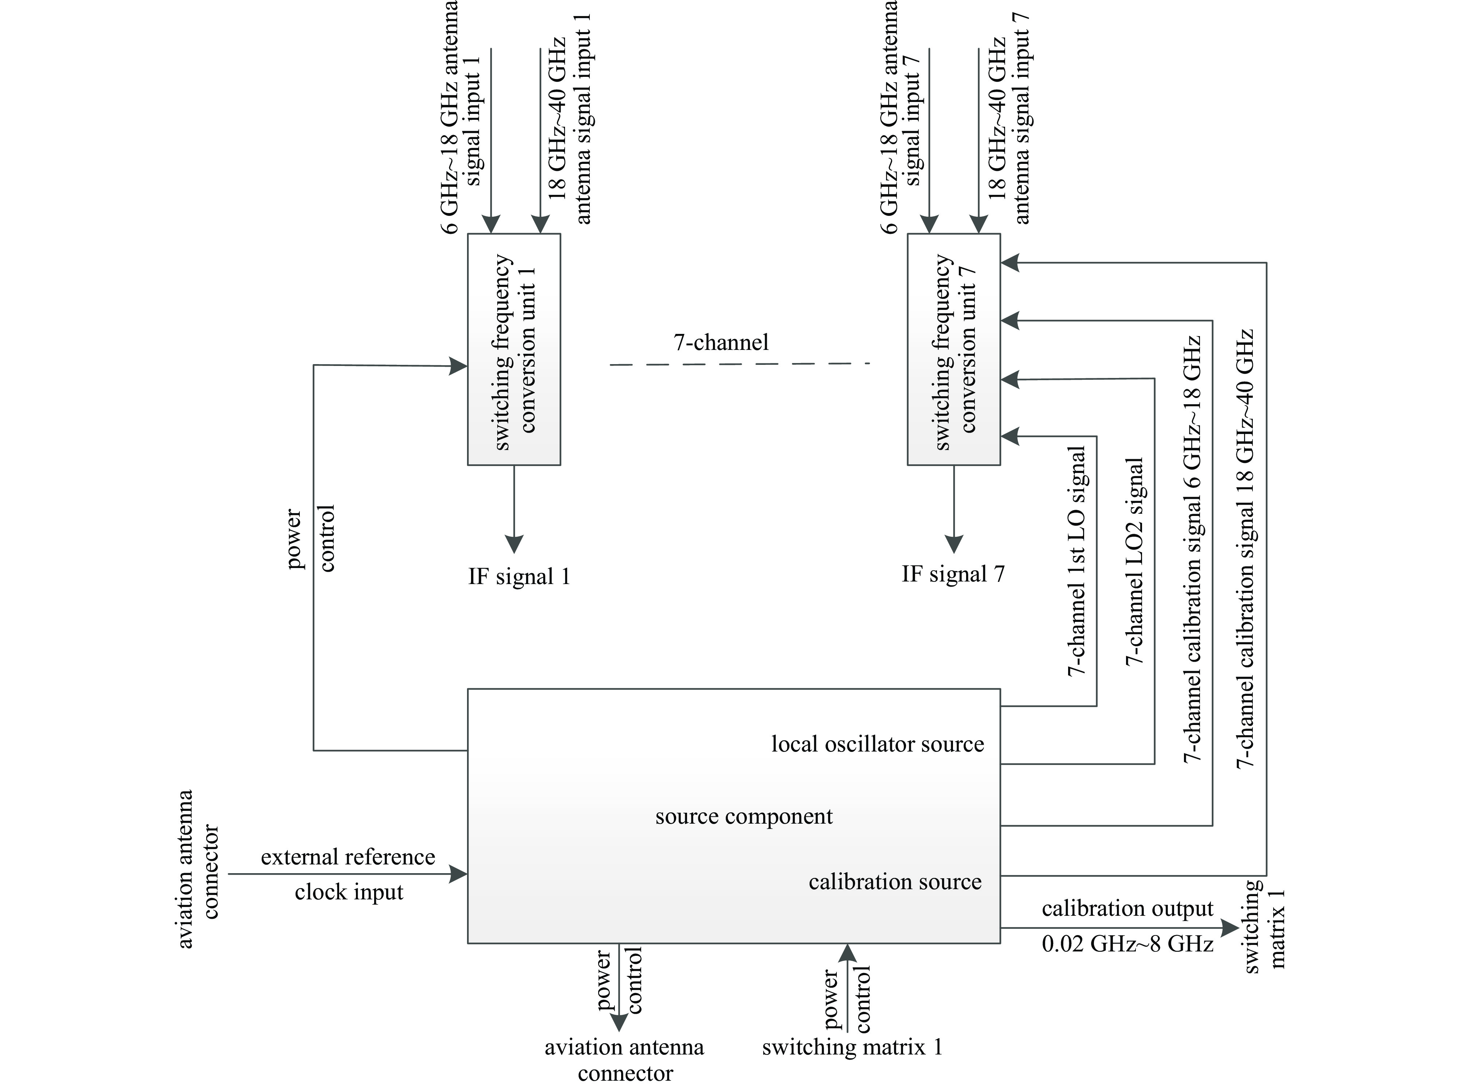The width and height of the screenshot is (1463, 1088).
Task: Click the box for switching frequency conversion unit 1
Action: pos(514,349)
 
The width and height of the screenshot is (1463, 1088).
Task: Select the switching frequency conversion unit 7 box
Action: pos(953,349)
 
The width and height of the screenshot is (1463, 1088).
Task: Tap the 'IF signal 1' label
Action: pos(519,577)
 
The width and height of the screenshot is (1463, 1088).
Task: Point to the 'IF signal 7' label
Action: pos(953,574)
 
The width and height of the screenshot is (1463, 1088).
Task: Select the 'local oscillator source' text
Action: pos(878,744)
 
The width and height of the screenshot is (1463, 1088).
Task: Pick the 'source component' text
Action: pos(744,817)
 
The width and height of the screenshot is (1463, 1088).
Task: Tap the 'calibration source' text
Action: pos(895,882)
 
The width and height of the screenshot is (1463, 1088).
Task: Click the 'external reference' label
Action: pos(348,857)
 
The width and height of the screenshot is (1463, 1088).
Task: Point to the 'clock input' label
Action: pos(349,892)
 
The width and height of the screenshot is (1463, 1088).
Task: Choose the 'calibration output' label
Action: pos(1127,909)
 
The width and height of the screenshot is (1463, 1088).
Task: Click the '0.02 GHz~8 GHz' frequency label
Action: pos(1127,945)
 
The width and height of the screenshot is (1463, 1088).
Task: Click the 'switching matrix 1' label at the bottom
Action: pos(852,1047)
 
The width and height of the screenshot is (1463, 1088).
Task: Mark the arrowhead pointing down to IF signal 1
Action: pos(514,544)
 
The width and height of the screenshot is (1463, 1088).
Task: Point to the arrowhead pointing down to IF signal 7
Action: pos(953,544)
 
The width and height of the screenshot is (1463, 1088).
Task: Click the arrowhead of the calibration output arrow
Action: pos(1229,928)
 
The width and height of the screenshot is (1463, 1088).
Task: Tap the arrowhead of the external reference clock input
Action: pos(459,875)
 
